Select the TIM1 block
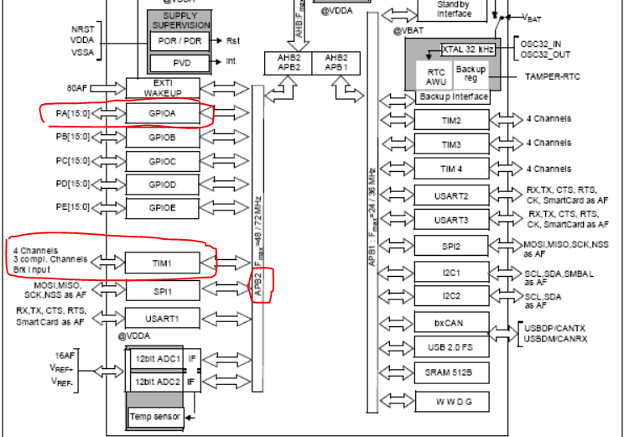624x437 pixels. [x=163, y=263]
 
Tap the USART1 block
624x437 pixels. [x=163, y=319]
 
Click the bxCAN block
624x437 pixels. [x=450, y=322]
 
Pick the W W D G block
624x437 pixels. [x=450, y=401]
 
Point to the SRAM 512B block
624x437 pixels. [x=450, y=373]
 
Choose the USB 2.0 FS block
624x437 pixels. [x=450, y=347]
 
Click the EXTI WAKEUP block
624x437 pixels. [x=163, y=88]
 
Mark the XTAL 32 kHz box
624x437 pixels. [x=468, y=50]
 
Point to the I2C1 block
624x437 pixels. [x=450, y=273]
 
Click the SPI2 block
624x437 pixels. [x=450, y=247]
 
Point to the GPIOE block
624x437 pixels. [x=163, y=207]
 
